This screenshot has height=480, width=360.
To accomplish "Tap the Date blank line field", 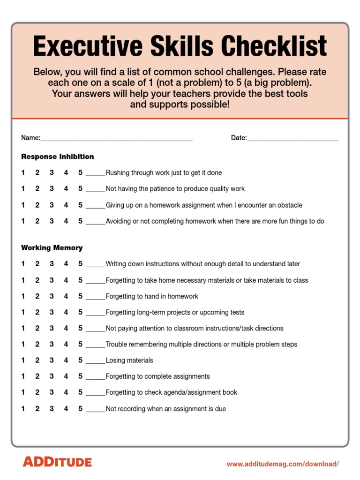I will [292, 139].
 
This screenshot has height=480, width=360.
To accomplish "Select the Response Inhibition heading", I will [57, 157].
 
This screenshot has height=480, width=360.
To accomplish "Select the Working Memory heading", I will [52, 247].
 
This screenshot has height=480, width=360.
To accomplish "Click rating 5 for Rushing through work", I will [81, 172].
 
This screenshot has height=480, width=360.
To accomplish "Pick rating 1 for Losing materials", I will [23, 360].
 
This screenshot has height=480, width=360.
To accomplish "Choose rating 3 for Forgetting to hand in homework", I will [52, 296].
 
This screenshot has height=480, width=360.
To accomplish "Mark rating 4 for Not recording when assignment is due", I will [66, 409].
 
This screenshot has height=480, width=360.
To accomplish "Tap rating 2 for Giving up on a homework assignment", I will [37, 205].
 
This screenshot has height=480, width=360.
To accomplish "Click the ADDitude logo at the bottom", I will [57, 462].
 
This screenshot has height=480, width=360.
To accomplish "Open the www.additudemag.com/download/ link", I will [282, 464].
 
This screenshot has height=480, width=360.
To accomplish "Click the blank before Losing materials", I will [96, 362].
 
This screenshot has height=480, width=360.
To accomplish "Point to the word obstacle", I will [289, 205].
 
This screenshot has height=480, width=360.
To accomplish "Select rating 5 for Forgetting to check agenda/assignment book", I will [81, 392].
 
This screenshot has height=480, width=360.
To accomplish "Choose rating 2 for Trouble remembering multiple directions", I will [37, 344].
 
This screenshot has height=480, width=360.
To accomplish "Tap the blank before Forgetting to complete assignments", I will [96, 378].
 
